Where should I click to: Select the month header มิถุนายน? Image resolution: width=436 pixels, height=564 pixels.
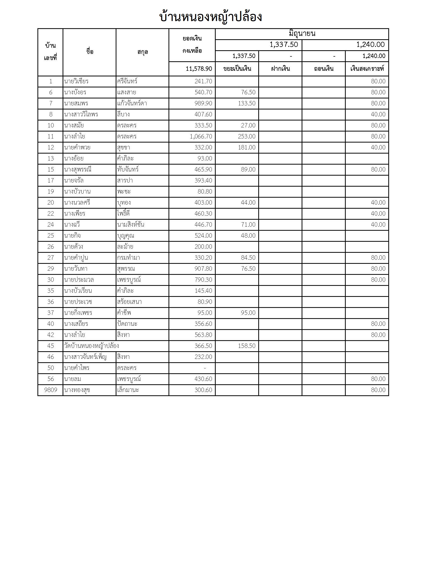[x=302, y=34]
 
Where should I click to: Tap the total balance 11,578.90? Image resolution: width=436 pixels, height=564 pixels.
[x=199, y=69]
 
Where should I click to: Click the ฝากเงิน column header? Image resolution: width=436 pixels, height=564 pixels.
[x=280, y=69]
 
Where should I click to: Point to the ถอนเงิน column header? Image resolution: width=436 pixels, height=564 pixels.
[x=324, y=69]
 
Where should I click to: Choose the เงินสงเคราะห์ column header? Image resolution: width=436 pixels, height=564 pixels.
[x=367, y=69]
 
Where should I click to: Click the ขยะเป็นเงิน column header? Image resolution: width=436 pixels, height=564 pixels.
[x=237, y=69]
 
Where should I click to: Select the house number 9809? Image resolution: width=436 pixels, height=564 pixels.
[x=51, y=390]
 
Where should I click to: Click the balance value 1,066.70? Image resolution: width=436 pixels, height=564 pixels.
[x=201, y=136]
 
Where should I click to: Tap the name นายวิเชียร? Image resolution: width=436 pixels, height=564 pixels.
[x=76, y=81]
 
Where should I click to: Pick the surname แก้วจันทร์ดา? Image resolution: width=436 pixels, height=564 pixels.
[x=132, y=103]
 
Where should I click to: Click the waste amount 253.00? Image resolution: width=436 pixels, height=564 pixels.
[x=246, y=136]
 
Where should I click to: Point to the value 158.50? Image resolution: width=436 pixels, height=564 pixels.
[x=246, y=346]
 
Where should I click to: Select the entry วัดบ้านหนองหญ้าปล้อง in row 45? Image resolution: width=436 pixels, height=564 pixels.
[x=92, y=346]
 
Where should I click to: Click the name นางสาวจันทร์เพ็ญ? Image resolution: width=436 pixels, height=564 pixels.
[x=85, y=357]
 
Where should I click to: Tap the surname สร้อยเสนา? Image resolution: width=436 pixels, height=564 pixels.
[x=129, y=302]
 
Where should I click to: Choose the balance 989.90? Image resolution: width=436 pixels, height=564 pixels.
[x=203, y=103]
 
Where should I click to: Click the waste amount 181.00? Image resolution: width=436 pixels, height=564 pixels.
[x=246, y=147]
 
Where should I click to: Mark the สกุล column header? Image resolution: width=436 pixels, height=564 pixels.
[x=143, y=52]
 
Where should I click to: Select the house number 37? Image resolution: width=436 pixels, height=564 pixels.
[x=51, y=313]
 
